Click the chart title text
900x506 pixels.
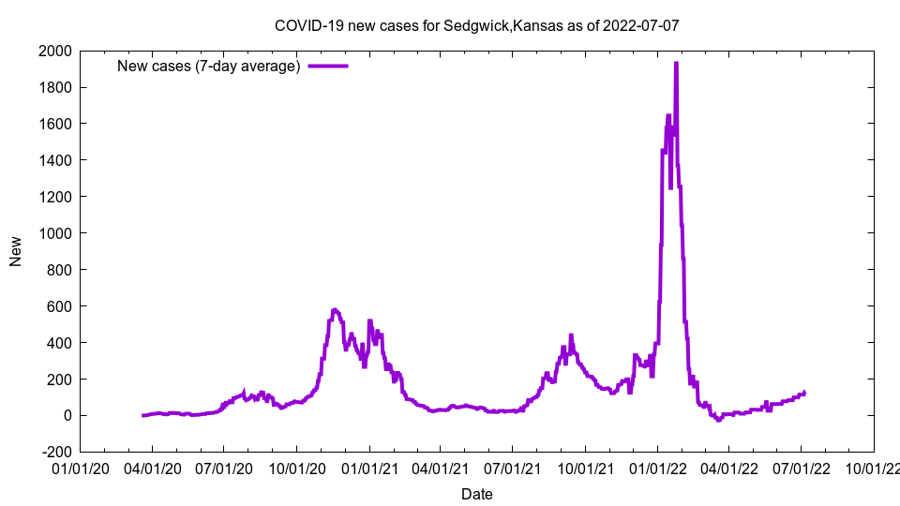click(x=476, y=25)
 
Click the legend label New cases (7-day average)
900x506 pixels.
click(x=208, y=66)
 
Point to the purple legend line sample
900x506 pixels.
click(x=328, y=66)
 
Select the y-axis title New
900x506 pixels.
click(x=16, y=251)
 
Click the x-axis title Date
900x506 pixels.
click(x=476, y=494)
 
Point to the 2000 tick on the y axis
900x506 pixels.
click(x=53, y=51)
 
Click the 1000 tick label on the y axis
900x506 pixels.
click(x=53, y=233)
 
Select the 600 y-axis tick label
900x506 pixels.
click(x=57, y=306)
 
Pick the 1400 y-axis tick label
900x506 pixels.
click(x=53, y=160)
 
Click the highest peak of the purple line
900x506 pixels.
click(x=676, y=63)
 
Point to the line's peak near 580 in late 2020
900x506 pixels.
click(x=335, y=309)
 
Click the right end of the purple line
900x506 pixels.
click(x=804, y=393)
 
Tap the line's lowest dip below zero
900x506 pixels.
click(x=719, y=420)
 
